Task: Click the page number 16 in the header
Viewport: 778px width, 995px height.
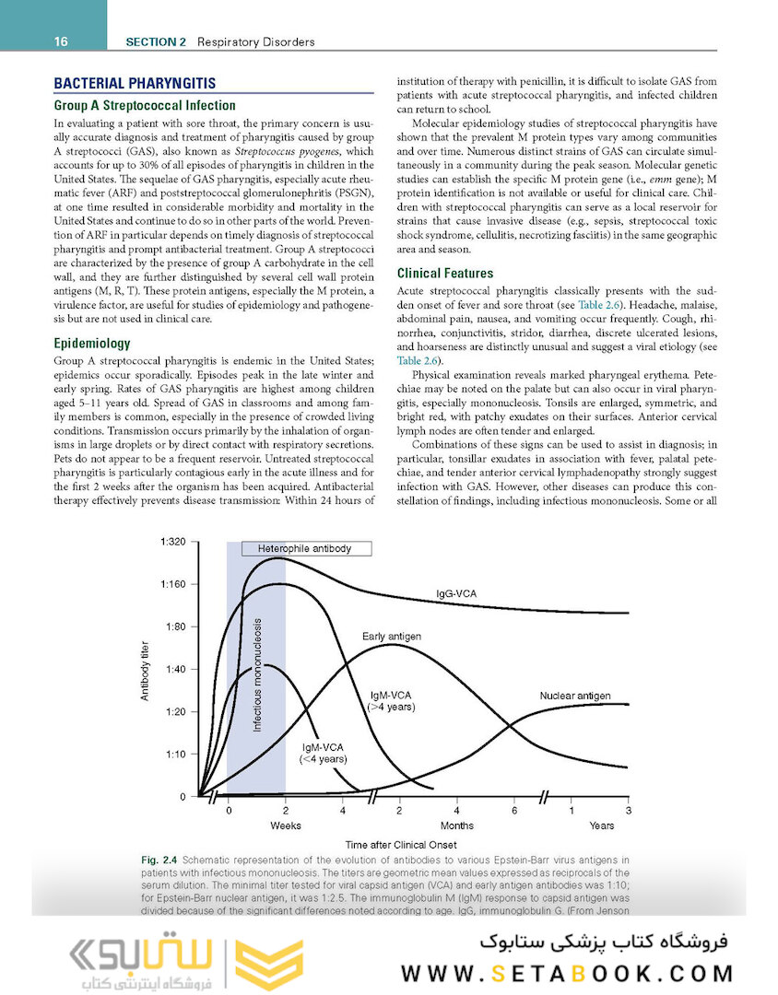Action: pos(62,41)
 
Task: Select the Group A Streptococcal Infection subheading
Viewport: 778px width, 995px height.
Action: pos(145,105)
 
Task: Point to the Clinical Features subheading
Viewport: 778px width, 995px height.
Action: pos(445,273)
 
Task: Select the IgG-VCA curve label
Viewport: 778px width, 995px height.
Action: pos(456,594)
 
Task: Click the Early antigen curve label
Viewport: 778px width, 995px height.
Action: pos(392,637)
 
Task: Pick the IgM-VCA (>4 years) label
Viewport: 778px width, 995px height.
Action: pos(391,700)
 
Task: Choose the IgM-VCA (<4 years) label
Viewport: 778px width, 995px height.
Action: pos(323,754)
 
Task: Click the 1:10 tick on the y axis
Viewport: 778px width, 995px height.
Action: pos(175,754)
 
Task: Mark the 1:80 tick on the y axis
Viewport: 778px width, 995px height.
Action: pos(175,626)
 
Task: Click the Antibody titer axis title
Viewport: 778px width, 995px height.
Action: pos(145,670)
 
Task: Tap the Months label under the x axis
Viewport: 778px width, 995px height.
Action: pos(457,825)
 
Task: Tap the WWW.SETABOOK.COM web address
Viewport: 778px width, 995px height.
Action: pos(567,973)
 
